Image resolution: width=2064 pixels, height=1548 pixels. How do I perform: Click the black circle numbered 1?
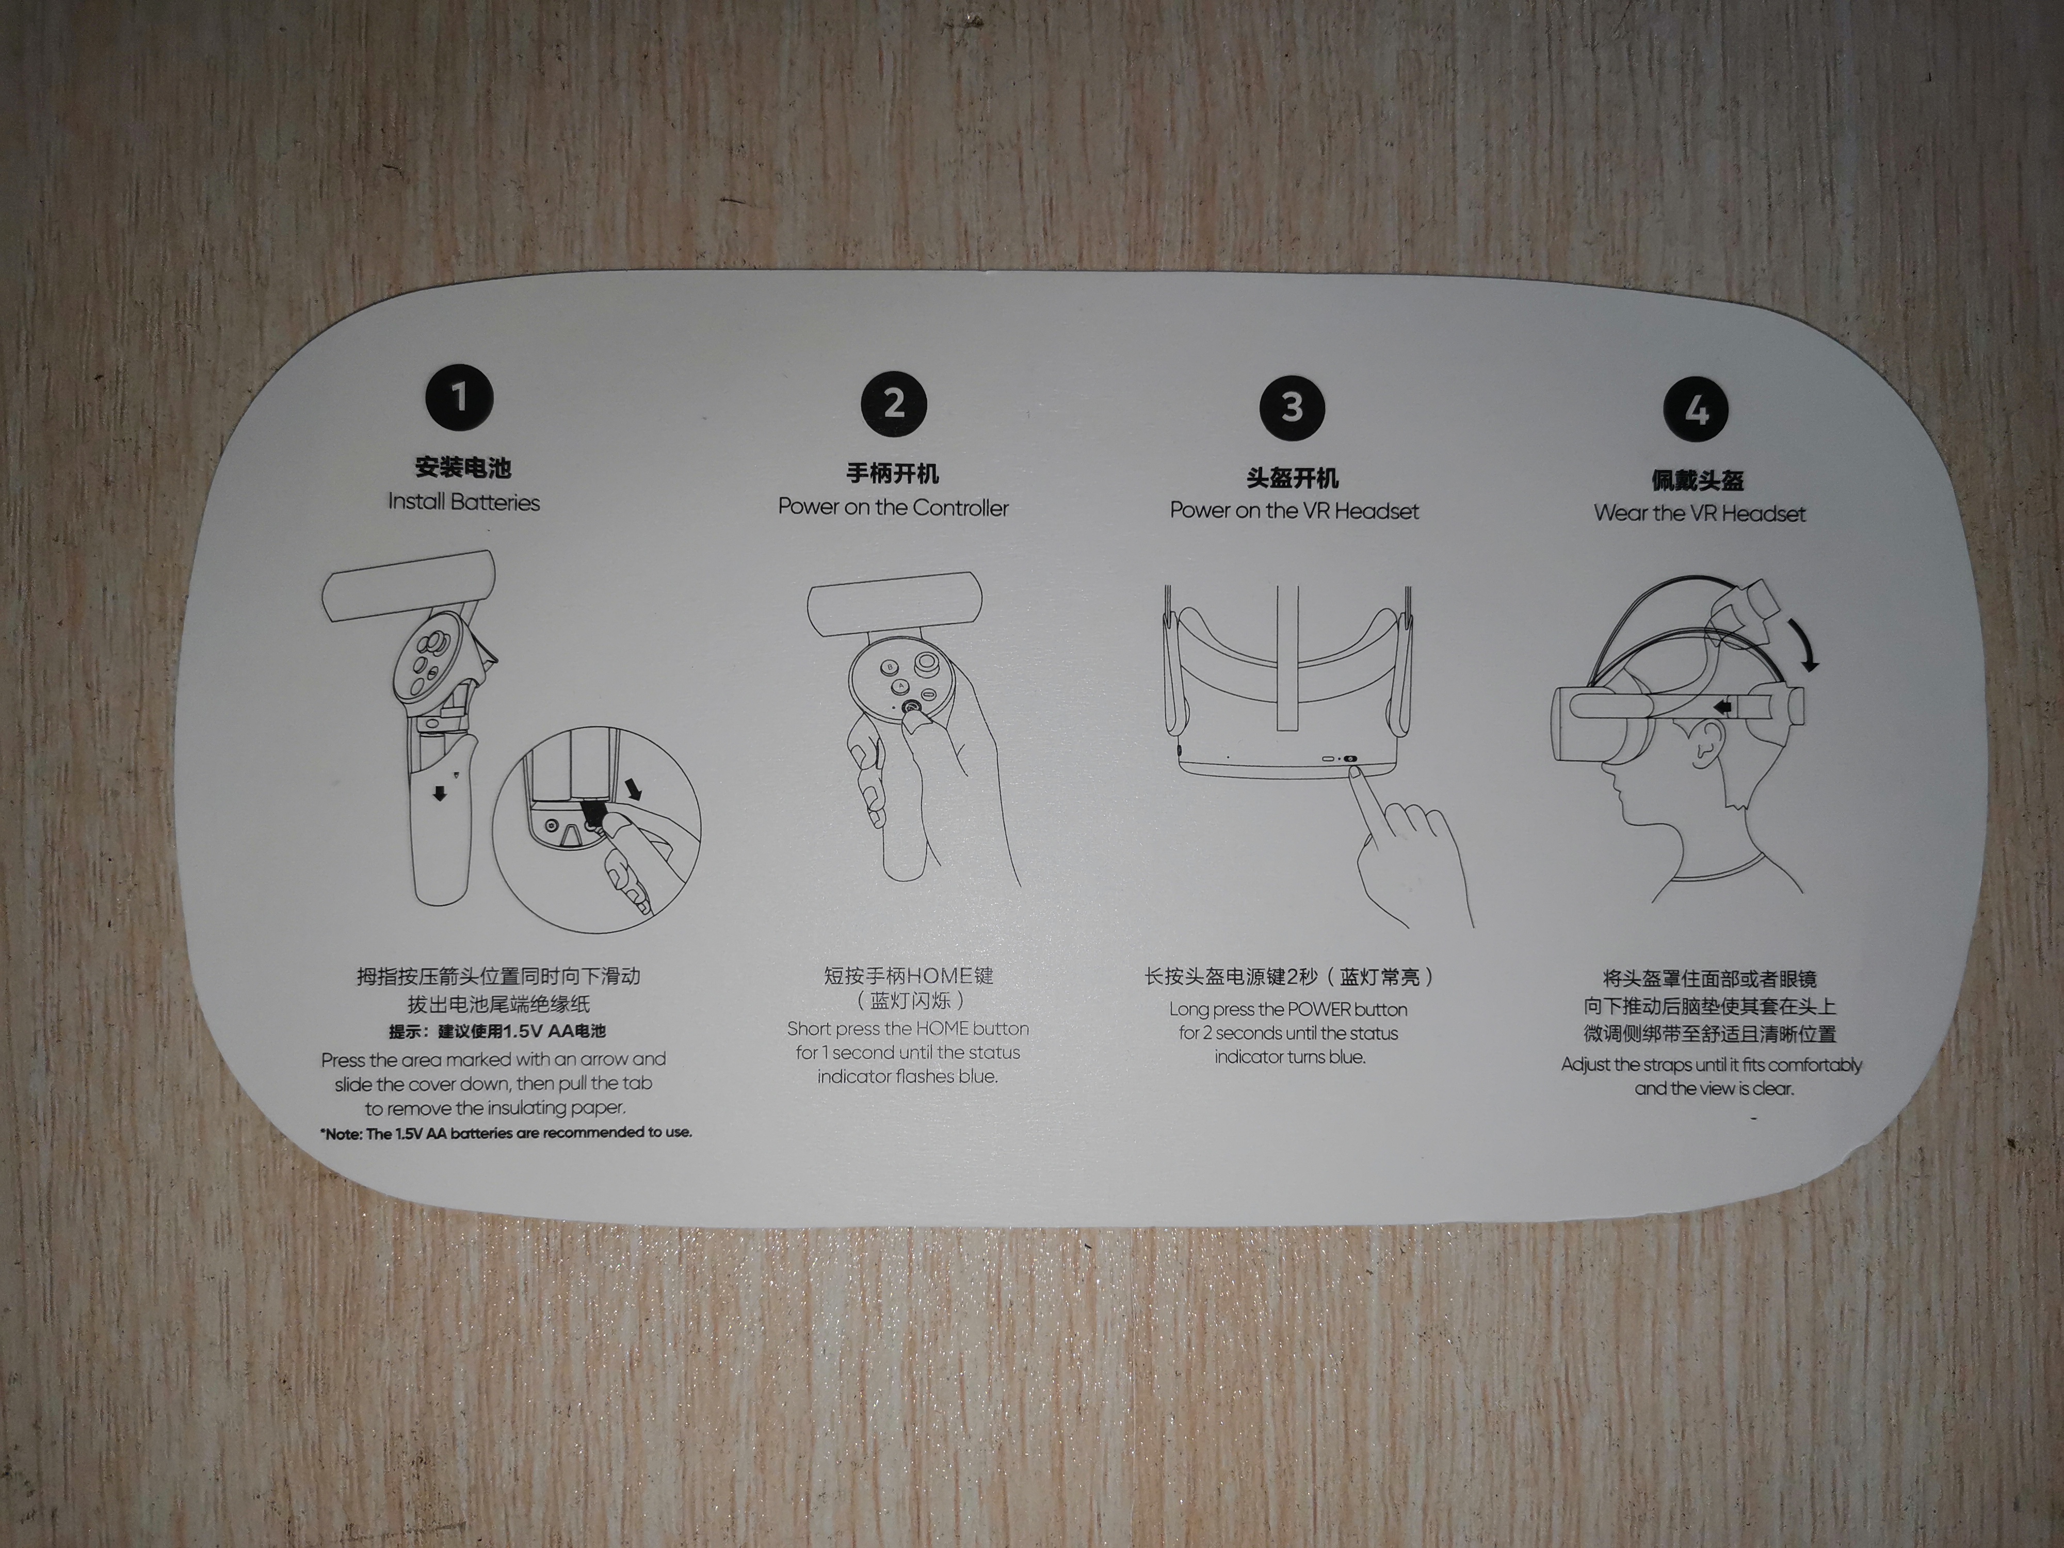coord(458,397)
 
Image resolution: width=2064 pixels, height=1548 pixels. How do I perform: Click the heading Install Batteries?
coord(464,502)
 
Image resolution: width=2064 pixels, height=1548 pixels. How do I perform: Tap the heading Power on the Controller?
coord(893,508)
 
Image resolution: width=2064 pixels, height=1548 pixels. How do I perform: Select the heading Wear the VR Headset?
coord(1699,513)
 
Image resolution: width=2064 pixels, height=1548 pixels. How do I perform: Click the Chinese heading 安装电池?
coord(464,467)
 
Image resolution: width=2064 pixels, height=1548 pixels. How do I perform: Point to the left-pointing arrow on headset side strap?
coord(1724,708)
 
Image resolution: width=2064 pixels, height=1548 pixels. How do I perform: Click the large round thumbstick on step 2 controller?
coord(927,665)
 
